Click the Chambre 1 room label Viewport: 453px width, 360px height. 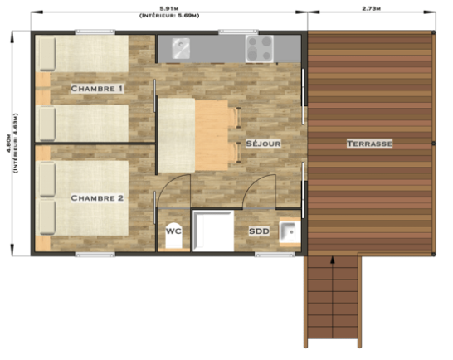click(x=97, y=89)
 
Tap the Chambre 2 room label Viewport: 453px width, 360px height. click(x=97, y=198)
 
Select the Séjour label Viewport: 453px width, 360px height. click(x=263, y=144)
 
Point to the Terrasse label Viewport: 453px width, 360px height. click(x=369, y=144)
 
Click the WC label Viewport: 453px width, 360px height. click(x=173, y=231)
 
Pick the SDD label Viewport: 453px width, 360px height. click(x=259, y=231)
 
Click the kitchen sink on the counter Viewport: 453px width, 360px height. click(x=181, y=48)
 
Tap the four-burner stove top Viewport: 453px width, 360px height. click(x=259, y=49)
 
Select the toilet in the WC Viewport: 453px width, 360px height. click(x=173, y=236)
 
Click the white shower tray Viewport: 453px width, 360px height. click(x=213, y=231)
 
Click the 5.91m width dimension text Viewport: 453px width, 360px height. click(x=169, y=8)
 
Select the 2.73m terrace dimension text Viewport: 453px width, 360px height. click(x=371, y=8)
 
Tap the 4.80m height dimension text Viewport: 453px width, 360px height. click(x=8, y=144)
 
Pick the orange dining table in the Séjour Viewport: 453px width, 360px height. click(x=212, y=135)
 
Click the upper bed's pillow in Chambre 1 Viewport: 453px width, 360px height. click(x=47, y=53)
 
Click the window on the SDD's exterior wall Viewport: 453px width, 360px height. click(x=275, y=255)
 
